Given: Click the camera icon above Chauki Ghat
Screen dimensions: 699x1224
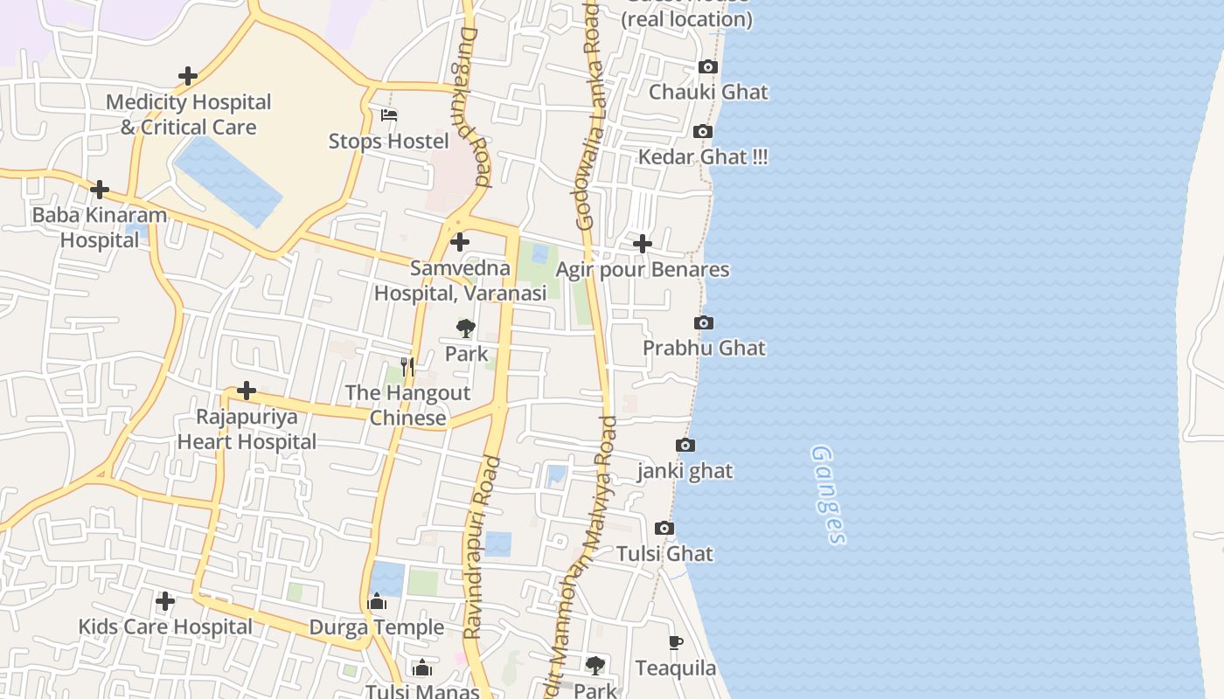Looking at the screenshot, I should (708, 67).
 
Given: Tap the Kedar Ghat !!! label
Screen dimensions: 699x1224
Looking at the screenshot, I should (703, 157).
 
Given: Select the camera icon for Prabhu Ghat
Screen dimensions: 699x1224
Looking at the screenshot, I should (704, 323).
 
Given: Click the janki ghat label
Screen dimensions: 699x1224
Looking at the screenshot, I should (685, 471).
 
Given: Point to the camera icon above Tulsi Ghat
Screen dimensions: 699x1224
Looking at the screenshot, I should (664, 529).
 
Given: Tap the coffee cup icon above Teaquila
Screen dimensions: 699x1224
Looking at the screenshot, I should (675, 643).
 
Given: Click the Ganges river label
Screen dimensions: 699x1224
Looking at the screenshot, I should (827, 495).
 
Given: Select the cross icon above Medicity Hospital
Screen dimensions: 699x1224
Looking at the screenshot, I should (188, 77).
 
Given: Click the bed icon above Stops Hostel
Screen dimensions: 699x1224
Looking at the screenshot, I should (389, 115).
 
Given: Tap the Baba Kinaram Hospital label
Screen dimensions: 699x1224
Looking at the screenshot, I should (100, 227).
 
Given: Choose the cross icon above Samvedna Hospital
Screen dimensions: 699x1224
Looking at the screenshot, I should (460, 242).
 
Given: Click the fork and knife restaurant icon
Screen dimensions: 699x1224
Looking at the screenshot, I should (407, 367).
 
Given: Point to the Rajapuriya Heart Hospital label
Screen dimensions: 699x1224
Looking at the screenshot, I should (247, 429).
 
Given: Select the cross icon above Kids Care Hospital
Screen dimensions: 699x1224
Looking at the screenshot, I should (165, 601).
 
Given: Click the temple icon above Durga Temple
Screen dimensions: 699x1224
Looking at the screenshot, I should (378, 602).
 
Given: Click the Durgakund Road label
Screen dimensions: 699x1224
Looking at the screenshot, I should (469, 105).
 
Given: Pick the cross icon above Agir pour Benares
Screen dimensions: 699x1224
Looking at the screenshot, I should (643, 244).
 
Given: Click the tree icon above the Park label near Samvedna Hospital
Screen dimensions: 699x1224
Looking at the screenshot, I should (466, 329).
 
